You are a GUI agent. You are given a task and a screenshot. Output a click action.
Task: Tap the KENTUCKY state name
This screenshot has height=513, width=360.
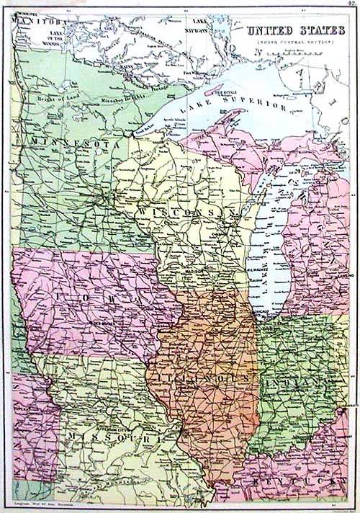(x=291, y=478)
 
